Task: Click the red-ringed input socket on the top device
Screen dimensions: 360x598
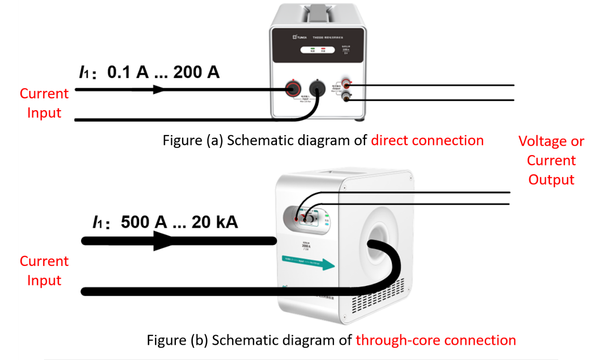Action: [x=293, y=89]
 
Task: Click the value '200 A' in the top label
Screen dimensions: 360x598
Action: [x=196, y=72]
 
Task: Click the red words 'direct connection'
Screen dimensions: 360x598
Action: [x=427, y=140]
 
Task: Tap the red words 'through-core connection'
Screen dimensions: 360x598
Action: [x=435, y=340]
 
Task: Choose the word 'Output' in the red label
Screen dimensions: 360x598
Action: [x=551, y=180]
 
